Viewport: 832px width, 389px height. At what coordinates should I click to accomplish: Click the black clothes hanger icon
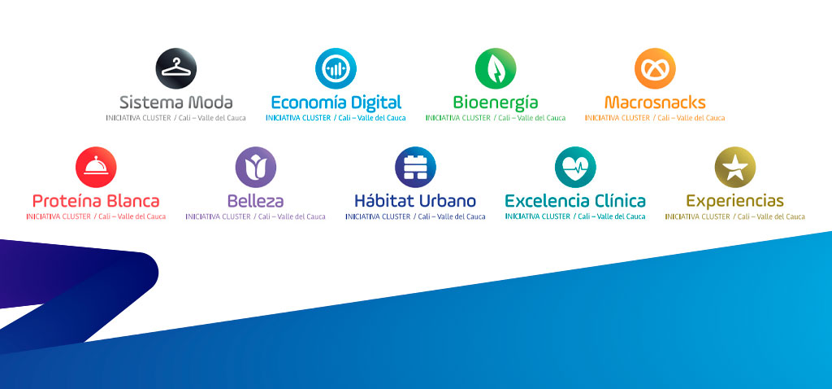click(x=176, y=68)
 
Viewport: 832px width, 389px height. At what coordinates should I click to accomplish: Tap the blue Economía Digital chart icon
click(x=336, y=68)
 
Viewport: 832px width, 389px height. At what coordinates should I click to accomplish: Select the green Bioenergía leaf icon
click(x=496, y=68)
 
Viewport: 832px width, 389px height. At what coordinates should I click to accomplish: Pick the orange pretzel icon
click(x=656, y=68)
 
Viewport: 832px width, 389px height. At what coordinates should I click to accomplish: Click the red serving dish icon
click(x=96, y=168)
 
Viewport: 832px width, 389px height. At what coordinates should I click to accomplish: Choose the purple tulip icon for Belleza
click(x=256, y=168)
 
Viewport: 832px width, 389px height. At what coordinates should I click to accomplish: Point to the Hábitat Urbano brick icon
click(x=415, y=168)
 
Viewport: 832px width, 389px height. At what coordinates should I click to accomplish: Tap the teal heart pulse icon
click(x=576, y=168)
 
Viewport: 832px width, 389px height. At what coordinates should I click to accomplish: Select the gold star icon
click(x=735, y=168)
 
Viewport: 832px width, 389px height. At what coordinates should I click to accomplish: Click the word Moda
click(x=210, y=102)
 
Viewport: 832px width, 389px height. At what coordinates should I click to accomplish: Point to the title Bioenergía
click(x=496, y=103)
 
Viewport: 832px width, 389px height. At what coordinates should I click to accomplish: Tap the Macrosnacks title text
click(x=656, y=102)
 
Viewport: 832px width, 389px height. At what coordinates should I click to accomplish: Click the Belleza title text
click(x=256, y=201)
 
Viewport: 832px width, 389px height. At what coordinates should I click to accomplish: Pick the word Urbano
click(x=448, y=201)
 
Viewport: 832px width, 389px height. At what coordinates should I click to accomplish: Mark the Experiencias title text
click(x=734, y=201)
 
